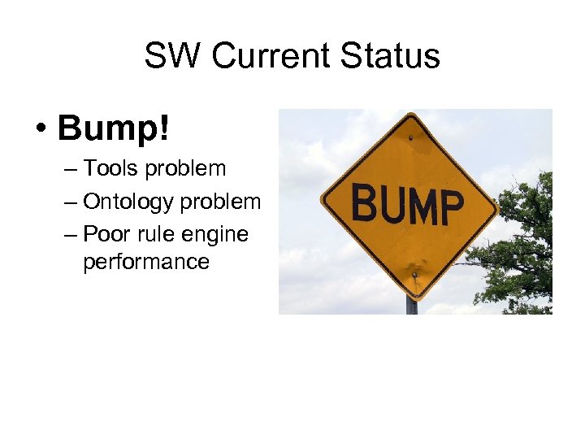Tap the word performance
pyautogui.click(x=145, y=262)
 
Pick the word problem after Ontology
pyautogui.click(x=222, y=202)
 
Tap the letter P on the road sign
pyautogui.click(x=449, y=207)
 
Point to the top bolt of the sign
pyautogui.click(x=410, y=137)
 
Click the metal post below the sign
pyautogui.click(x=412, y=305)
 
